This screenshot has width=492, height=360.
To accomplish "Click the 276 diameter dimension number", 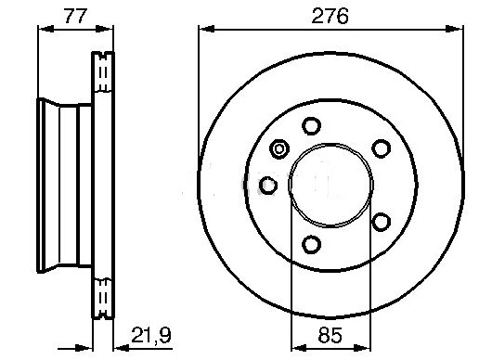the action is pos(330,16).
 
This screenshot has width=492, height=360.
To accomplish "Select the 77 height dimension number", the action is pos(75,16).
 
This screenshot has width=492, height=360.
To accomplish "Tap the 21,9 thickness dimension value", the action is pos(151,335).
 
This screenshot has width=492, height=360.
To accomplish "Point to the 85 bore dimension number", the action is pos(330,335).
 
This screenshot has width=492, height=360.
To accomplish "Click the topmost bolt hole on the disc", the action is pos(311,126).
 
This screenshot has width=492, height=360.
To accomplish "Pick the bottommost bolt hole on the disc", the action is pos(311,244).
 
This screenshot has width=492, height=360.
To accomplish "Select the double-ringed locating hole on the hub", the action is pos(279,148).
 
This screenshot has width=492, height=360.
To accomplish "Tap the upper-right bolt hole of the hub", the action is pos(382,148).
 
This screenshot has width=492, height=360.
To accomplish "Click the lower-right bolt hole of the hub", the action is pos(382,222).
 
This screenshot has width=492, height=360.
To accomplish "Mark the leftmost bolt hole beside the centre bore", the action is pos(268,185).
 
